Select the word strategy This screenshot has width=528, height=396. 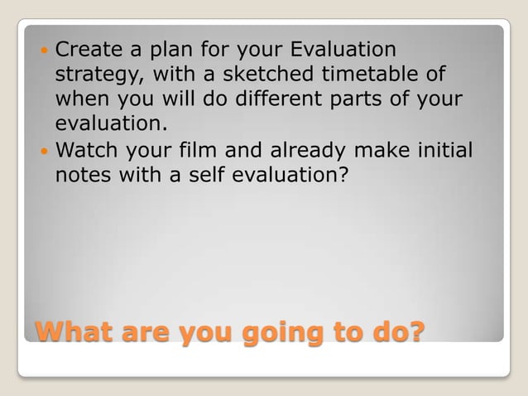tap(91, 75)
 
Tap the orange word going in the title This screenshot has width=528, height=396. tap(272, 332)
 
